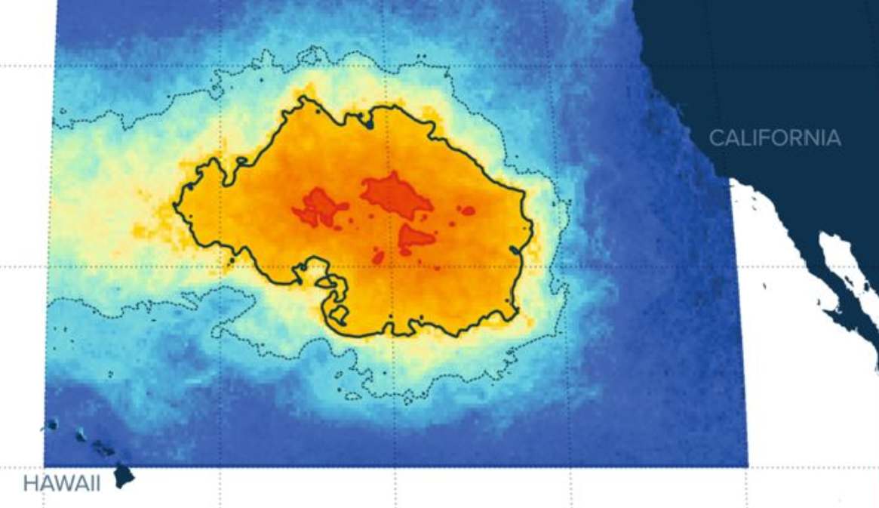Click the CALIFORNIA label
pyautogui.click(x=774, y=138)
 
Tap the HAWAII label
pyautogui.click(x=62, y=484)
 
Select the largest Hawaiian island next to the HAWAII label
pyautogui.click(x=124, y=475)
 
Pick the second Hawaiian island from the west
pyautogui.click(x=81, y=436)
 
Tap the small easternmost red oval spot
pyautogui.click(x=467, y=210)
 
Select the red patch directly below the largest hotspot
pyautogui.click(x=416, y=238)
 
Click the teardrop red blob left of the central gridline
pyautogui.click(x=378, y=256)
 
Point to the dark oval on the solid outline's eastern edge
pyautogui.click(x=515, y=250)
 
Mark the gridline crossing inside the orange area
pyautogui.click(x=392, y=266)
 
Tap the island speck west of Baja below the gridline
pyautogui.click(x=764, y=285)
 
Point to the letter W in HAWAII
pyautogui.click(x=62, y=484)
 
